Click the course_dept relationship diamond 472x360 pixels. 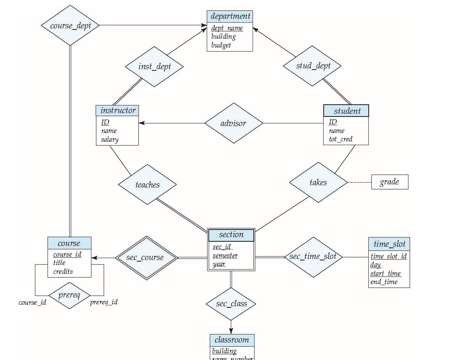pyautogui.click(x=70, y=26)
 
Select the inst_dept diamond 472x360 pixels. pyautogui.click(x=154, y=67)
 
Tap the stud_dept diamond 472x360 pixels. pyautogui.click(x=313, y=66)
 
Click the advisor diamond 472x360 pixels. pyautogui.click(x=234, y=123)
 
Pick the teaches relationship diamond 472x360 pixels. pyautogui.click(x=147, y=185)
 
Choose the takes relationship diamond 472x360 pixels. pyautogui.click(x=318, y=182)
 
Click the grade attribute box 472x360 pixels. pyautogui.click(x=389, y=182)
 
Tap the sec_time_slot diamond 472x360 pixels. pyautogui.click(x=313, y=257)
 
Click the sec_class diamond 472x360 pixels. pyautogui.click(x=231, y=304)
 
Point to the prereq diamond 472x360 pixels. pyautogui.click(x=69, y=295)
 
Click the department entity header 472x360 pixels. pyautogui.click(x=230, y=16)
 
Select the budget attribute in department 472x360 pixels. pyautogui.click(x=221, y=45)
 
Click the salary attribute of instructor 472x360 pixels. pyautogui.click(x=110, y=139)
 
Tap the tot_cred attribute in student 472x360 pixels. pyautogui.click(x=340, y=139)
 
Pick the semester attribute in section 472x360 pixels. pyautogui.click(x=225, y=256)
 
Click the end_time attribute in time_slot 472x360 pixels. pyautogui.click(x=384, y=282)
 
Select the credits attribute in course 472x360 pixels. pyautogui.click(x=63, y=271)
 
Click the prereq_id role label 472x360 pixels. pyautogui.click(x=104, y=302)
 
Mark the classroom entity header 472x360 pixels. pyautogui.click(x=231, y=340)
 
